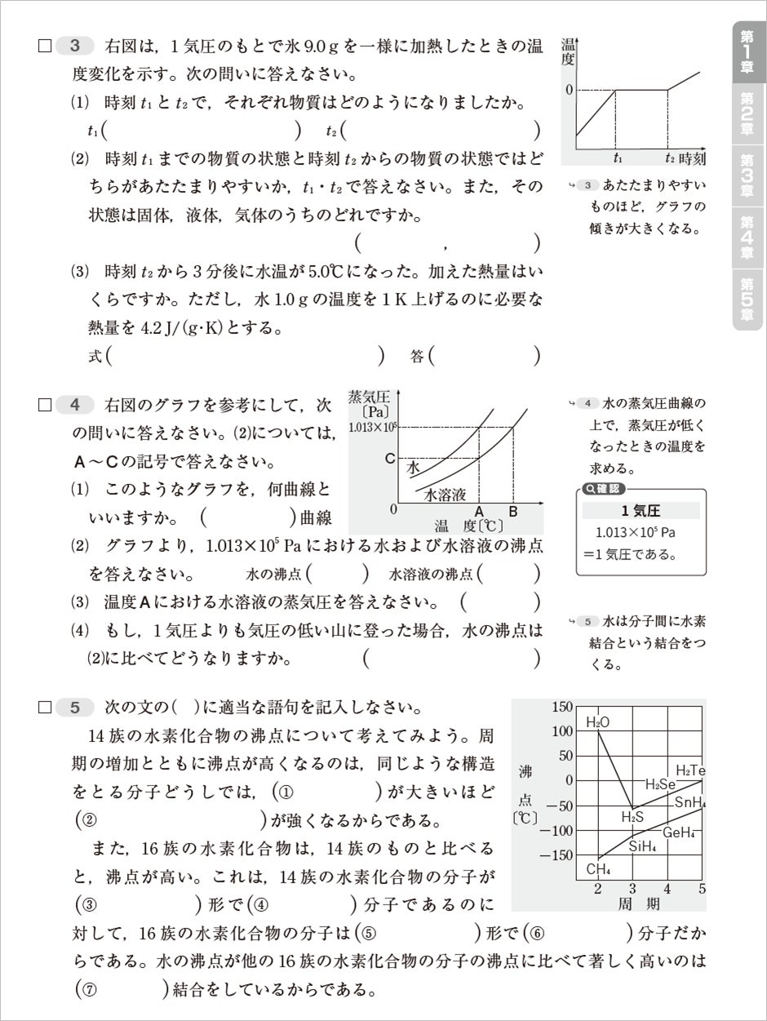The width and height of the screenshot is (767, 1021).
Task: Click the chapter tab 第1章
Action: (x=747, y=51)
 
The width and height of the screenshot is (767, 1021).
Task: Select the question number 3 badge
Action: (x=75, y=45)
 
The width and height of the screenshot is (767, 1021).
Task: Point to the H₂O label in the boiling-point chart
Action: (x=598, y=722)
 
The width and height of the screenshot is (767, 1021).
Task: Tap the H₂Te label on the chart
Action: (x=690, y=770)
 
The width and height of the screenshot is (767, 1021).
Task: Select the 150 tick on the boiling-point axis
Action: (x=562, y=707)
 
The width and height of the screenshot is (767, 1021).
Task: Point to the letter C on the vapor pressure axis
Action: (x=390, y=459)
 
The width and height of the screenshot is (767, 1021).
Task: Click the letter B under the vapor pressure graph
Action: (x=513, y=512)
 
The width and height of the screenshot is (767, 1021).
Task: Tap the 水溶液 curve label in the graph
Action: (x=445, y=495)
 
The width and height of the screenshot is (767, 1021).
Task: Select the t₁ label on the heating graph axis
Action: (x=618, y=158)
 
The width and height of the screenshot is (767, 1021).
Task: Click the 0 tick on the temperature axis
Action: (x=569, y=89)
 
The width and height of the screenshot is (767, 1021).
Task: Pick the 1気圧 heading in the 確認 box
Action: (x=640, y=511)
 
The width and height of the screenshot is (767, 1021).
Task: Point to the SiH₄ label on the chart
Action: (x=644, y=846)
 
